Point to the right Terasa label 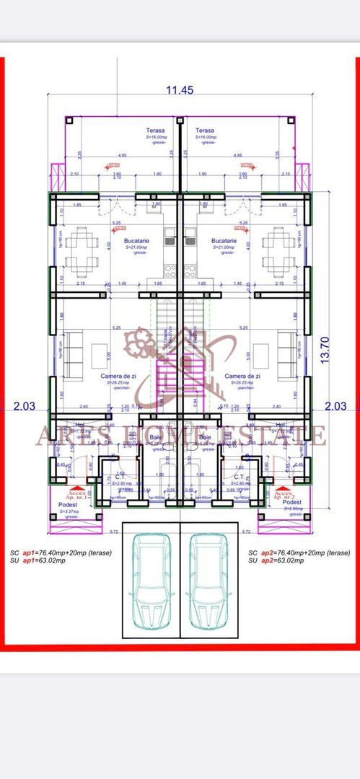pyautogui.click(x=206, y=131)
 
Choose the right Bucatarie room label pyautogui.click(x=225, y=240)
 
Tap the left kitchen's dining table pyautogui.click(x=81, y=248)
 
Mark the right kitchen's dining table pyautogui.click(x=278, y=248)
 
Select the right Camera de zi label pyautogui.click(x=242, y=376)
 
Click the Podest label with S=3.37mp pyautogui.click(x=70, y=506)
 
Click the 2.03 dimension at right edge pyautogui.click(x=335, y=405)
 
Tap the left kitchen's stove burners pyautogui.click(x=170, y=271)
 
